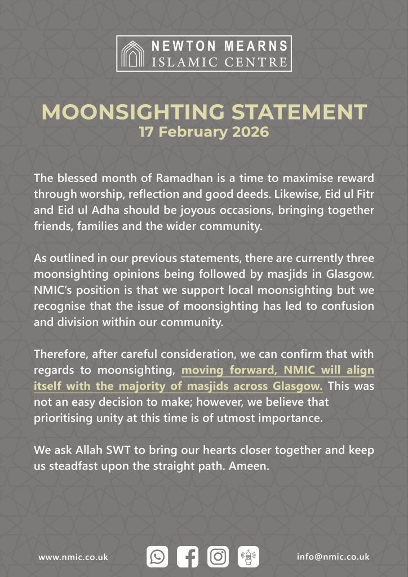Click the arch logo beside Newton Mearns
[135, 54]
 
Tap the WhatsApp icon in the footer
[157, 557]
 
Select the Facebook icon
[188, 557]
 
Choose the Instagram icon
[218, 557]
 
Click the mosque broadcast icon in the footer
[248, 557]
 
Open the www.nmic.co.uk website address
[73, 557]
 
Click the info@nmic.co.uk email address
[333, 556]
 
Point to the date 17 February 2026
[204, 134]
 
